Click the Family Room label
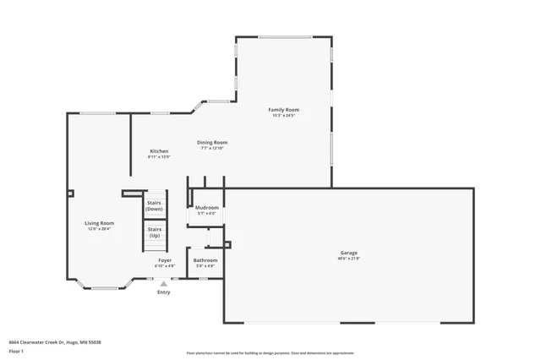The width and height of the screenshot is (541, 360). pos(283,110)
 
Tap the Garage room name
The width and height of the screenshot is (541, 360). pos(348,253)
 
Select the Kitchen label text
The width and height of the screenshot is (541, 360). pos(159,151)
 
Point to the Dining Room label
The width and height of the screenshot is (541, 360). pos(212,143)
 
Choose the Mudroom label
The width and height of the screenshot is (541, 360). pos(207,207)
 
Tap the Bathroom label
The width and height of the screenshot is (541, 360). pos(205,260)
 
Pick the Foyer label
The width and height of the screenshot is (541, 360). pos(165,260)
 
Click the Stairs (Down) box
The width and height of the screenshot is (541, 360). pos(155,205)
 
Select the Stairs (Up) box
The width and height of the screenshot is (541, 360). pos(155,232)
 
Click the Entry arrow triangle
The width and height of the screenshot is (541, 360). pos(164,284)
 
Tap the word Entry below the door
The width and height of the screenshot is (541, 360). pos(164,292)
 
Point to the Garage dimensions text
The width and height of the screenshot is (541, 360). pos(348,259)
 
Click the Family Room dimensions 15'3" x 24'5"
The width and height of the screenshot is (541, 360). pos(283,116)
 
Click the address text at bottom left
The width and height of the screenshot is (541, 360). pos(55,342)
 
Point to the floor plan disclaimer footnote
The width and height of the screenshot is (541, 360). pos(270,352)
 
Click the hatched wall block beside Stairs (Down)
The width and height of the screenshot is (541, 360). pos(131,194)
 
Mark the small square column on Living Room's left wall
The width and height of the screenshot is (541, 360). pos(70,194)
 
